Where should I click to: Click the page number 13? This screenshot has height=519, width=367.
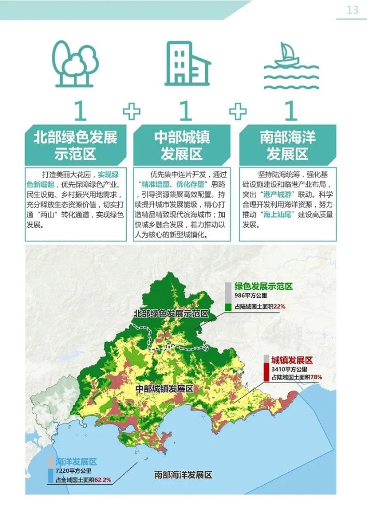pos(352,10)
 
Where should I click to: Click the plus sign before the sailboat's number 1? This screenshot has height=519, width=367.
pos(238,110)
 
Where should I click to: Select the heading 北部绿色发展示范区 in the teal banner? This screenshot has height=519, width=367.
pos(76,145)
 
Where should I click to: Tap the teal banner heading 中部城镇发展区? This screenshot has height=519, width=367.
pos(182,145)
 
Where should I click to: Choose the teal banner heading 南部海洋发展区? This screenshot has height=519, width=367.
pos(288,145)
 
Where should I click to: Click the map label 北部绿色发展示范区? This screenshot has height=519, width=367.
pos(171,313)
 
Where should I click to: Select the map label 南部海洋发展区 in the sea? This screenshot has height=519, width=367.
pos(183,474)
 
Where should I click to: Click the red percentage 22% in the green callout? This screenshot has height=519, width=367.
pos(279,307)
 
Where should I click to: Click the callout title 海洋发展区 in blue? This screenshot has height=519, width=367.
pos(76,461)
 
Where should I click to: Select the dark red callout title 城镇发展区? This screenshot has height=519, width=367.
pos(295,360)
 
